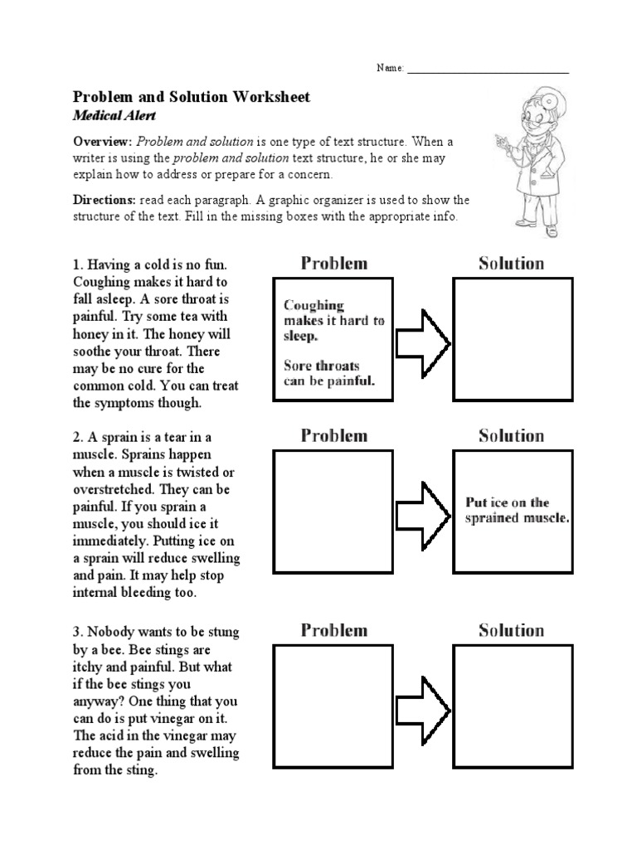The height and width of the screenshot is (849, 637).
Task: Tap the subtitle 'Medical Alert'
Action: click(x=116, y=116)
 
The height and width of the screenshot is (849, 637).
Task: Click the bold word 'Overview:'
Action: click(x=104, y=141)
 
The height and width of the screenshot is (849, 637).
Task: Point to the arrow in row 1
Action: click(x=422, y=342)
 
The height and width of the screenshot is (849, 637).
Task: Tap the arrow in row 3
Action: click(x=422, y=708)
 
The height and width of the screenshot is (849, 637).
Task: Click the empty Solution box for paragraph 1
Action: click(x=512, y=338)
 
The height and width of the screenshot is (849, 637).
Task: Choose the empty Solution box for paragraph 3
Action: click(x=512, y=706)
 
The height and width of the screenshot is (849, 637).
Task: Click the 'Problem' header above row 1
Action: click(x=333, y=264)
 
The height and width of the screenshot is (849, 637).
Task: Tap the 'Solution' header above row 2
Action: click(x=511, y=436)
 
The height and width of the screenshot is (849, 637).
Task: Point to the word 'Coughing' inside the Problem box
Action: click(x=314, y=306)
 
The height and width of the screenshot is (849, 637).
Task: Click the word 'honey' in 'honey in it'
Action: click(x=92, y=333)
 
